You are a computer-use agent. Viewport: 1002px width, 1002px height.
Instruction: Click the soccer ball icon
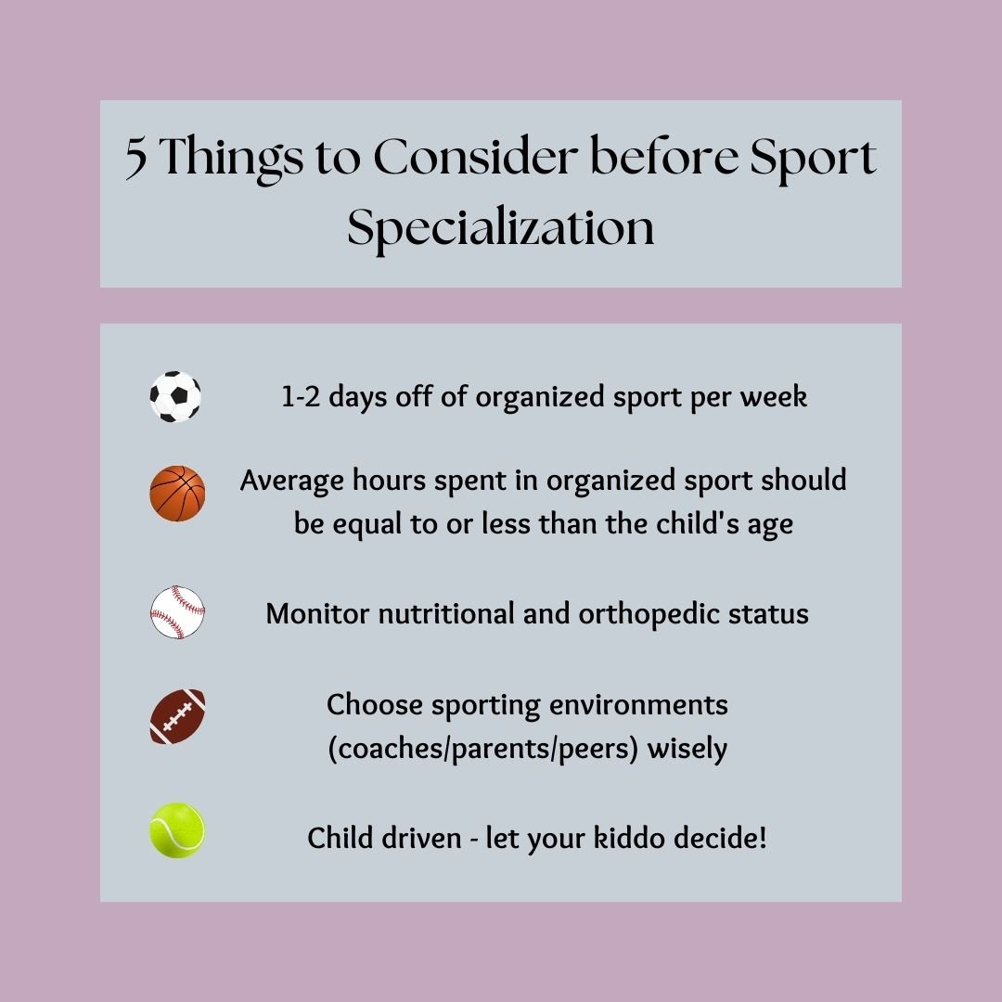coord(175,397)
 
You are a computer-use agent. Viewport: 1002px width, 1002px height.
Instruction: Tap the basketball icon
coord(177,494)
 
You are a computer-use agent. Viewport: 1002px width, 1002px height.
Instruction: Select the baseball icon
coord(177,612)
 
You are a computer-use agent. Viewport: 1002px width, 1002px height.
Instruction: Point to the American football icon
coord(177,716)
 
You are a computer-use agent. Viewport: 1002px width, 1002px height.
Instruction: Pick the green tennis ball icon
coord(177,830)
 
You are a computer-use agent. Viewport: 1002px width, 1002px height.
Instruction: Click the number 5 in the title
coord(136,160)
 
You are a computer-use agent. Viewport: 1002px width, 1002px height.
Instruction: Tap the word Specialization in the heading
coord(501,228)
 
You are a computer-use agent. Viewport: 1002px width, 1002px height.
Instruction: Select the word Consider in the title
coord(474,160)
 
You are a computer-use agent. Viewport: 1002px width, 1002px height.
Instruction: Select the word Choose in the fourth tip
coord(373,704)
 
